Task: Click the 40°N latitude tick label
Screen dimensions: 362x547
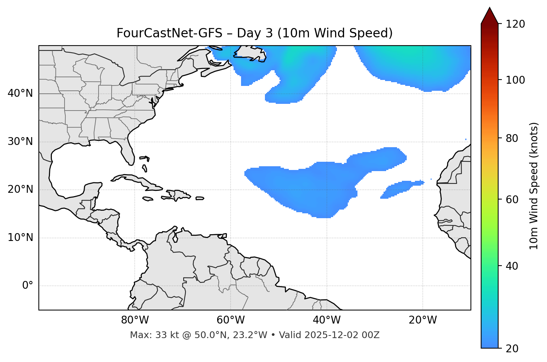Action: pos(20,93)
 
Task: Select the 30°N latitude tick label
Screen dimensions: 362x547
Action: pos(20,142)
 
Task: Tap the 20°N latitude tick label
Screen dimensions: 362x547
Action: pos(20,189)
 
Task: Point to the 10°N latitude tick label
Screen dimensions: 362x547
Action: pos(20,238)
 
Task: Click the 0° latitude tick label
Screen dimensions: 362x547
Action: pos(28,286)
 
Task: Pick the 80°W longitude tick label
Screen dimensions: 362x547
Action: pos(135,320)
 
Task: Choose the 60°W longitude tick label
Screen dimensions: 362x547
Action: pos(231,320)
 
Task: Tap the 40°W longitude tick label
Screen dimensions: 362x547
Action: pos(326,320)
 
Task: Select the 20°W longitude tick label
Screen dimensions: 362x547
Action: pos(422,320)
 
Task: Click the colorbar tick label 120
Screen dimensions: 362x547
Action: pos(515,24)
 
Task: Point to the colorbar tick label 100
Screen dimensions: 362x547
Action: pos(515,80)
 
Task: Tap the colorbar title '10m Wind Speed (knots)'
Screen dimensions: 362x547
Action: pos(534,186)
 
